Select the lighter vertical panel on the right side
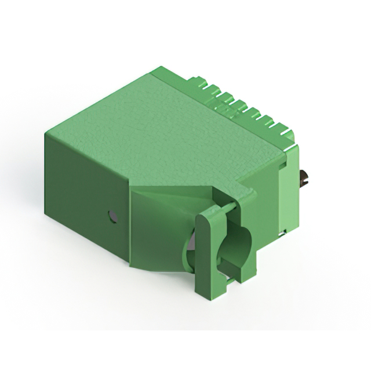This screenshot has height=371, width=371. click(x=288, y=191)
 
